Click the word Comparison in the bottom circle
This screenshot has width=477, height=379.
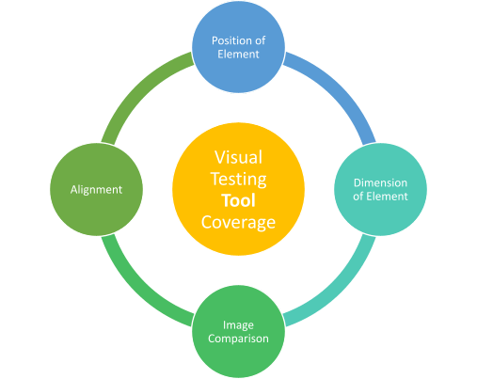tap(238, 338)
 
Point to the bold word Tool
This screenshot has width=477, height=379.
tap(239, 199)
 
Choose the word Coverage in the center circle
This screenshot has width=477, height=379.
tap(239, 221)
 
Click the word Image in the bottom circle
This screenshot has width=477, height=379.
tap(238, 325)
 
